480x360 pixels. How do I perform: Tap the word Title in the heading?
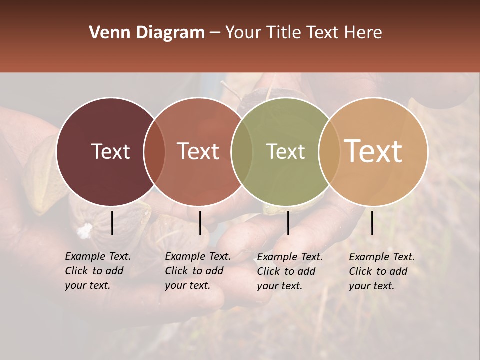click(x=283, y=33)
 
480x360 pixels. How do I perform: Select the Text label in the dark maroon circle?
click(x=111, y=151)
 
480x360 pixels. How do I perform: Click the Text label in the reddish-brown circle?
click(x=198, y=151)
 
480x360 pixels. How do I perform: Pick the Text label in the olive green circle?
click(x=286, y=151)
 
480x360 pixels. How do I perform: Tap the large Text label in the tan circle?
click(x=373, y=151)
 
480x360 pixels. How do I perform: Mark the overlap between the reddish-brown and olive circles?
click(x=242, y=151)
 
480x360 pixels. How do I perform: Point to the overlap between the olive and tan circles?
click(x=329, y=151)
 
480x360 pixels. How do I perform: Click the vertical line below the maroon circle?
click(x=112, y=223)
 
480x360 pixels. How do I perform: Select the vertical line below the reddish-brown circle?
click(x=200, y=223)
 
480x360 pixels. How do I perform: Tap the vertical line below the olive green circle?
click(x=288, y=223)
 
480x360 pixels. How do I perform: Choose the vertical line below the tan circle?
click(x=372, y=223)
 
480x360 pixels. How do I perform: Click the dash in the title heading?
click(x=215, y=33)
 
